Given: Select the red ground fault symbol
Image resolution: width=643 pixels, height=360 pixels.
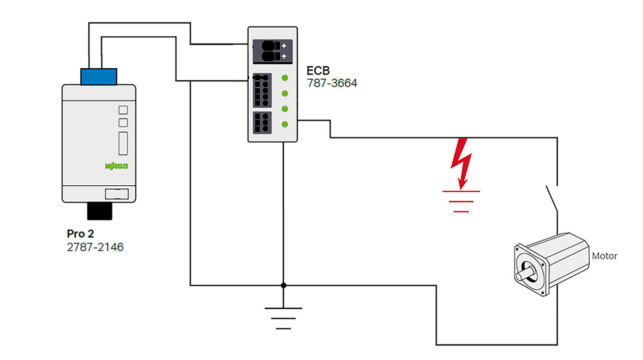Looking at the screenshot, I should tap(461, 201).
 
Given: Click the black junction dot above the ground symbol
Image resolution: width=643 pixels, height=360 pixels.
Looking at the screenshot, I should tap(283, 285).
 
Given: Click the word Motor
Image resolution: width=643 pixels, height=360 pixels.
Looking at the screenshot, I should tap(604, 256).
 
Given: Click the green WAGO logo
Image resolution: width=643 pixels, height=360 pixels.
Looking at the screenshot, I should tap(117, 166).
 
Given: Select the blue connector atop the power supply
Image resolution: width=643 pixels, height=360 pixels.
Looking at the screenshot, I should tap(98, 77).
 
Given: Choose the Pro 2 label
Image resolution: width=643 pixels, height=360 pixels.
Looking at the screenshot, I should tap(80, 233).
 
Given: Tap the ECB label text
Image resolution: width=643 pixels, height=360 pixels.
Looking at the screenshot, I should tap(318, 70).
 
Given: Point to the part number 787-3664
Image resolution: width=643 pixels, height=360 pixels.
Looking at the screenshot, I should tap(332, 83).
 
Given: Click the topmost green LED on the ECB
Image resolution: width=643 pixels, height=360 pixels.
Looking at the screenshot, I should tap(285, 78).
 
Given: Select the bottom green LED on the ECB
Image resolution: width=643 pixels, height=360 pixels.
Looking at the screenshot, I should tap(285, 124).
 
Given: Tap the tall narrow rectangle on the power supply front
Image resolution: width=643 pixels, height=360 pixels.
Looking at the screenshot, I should tap(123, 143).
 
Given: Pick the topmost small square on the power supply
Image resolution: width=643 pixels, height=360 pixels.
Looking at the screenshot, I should tap(123, 110).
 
